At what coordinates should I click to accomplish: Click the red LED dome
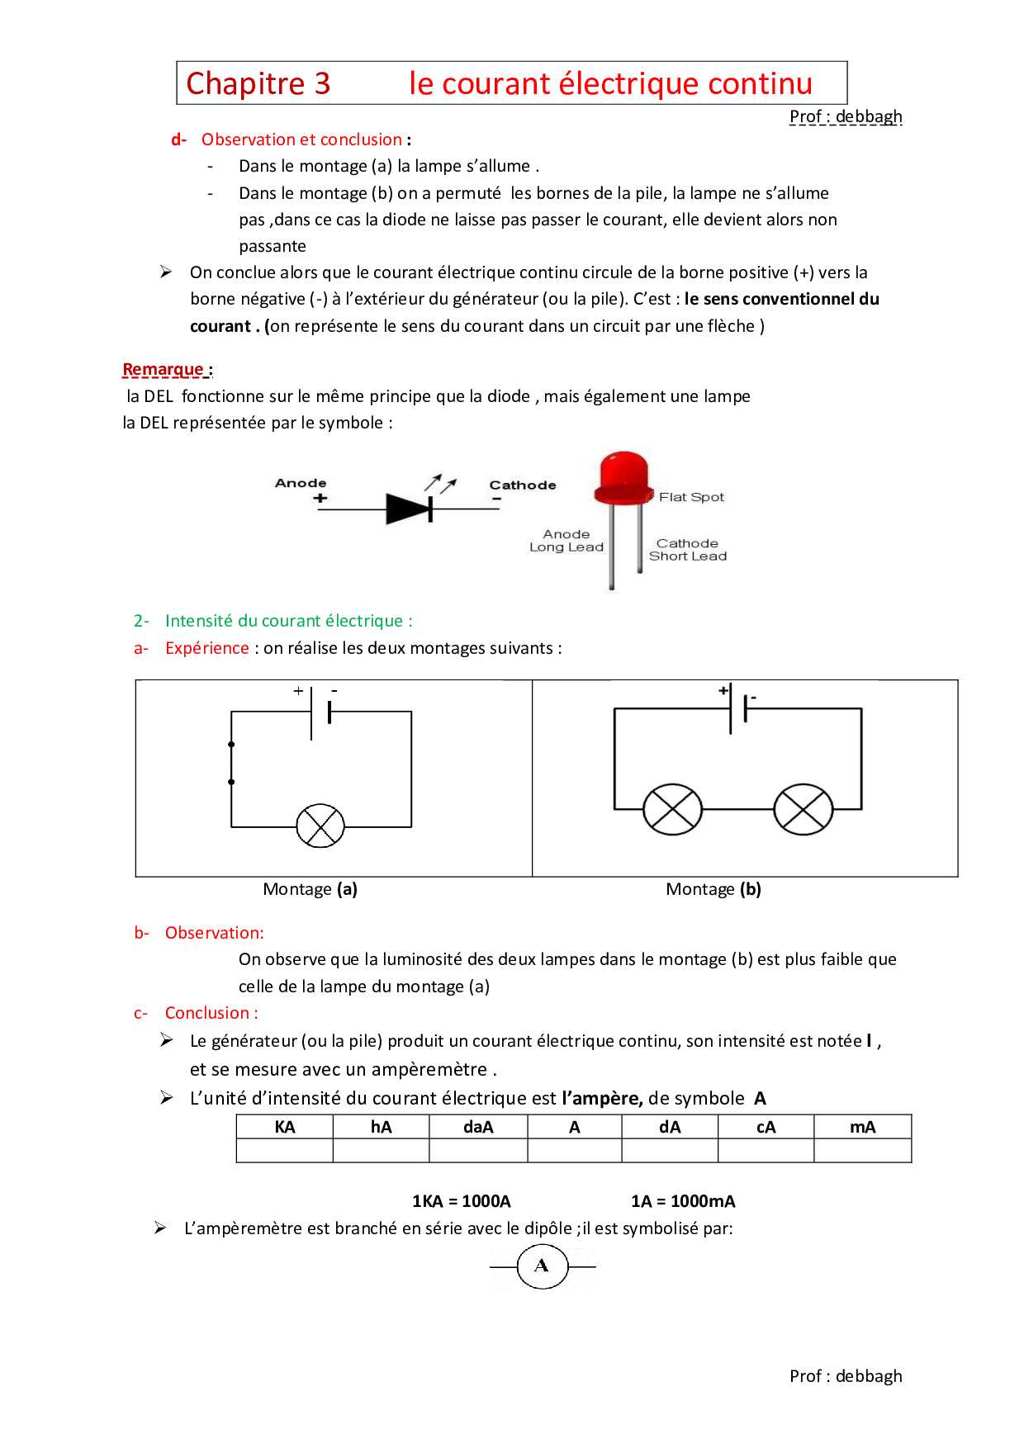[x=623, y=475]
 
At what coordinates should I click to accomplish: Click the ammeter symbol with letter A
[x=543, y=1266]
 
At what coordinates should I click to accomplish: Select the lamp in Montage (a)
[x=320, y=826]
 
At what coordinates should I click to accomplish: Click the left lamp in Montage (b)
[x=672, y=808]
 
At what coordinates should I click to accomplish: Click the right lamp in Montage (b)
[x=804, y=808]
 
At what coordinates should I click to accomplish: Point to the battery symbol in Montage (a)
[x=320, y=712]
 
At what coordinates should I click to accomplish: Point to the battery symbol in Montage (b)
[x=738, y=708]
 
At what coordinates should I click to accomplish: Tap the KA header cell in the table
[x=285, y=1127]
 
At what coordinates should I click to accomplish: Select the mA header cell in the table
[x=862, y=1127]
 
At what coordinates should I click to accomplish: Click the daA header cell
[x=478, y=1127]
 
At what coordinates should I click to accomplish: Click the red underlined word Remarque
[x=164, y=369]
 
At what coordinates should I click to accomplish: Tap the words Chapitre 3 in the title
[x=258, y=83]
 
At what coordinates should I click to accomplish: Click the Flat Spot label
[x=691, y=497]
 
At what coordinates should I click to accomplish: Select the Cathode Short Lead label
[x=688, y=550]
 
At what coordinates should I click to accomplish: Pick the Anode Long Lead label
[x=567, y=541]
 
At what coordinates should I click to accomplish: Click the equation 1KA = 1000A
[x=462, y=1201]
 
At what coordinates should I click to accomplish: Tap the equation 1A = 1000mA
[x=683, y=1201]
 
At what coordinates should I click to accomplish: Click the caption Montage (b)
[x=713, y=889]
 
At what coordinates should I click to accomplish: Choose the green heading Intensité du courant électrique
[x=288, y=621]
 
